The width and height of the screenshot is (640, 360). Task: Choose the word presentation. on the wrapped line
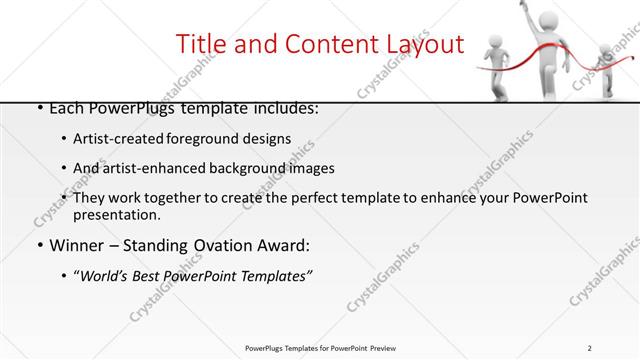[116, 214]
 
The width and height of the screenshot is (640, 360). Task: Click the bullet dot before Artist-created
[64, 139]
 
